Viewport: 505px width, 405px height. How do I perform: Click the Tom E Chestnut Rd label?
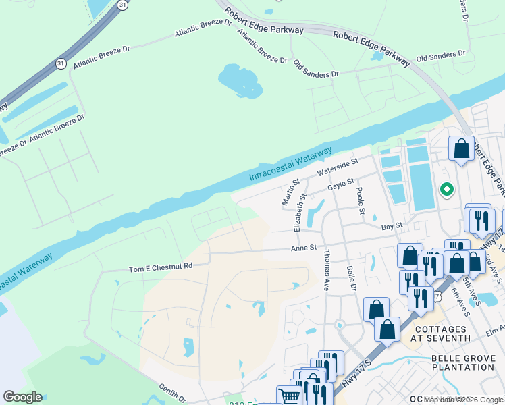click(x=161, y=267)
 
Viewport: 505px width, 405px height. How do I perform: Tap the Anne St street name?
click(x=304, y=248)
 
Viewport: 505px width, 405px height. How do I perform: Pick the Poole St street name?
click(x=361, y=201)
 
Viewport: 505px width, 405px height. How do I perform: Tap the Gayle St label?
click(x=341, y=184)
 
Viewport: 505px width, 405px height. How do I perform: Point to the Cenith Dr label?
click(x=171, y=390)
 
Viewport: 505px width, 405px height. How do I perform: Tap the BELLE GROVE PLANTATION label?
click(x=463, y=362)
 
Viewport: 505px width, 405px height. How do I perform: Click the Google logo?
click(x=22, y=397)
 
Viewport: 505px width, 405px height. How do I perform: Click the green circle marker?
click(x=446, y=190)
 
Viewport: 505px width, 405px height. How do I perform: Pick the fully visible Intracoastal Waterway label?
click(x=291, y=165)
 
